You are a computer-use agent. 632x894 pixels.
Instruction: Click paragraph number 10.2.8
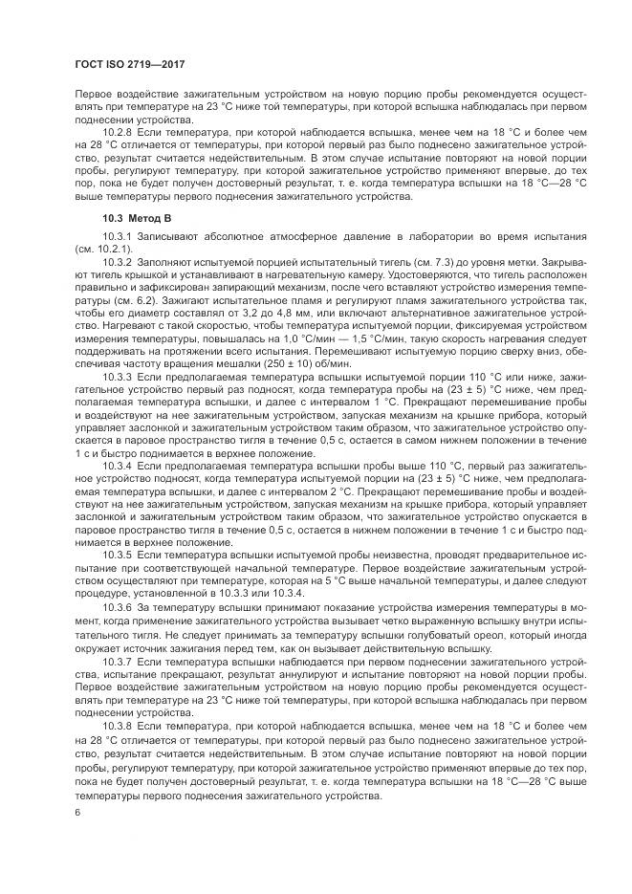click(119, 131)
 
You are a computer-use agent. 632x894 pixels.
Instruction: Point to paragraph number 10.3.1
click(119, 235)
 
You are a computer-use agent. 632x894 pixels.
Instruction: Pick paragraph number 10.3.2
click(119, 260)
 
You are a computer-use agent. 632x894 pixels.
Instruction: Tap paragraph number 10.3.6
click(119, 607)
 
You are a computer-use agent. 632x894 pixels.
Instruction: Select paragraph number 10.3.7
click(119, 662)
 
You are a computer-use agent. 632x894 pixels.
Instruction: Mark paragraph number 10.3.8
click(119, 727)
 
